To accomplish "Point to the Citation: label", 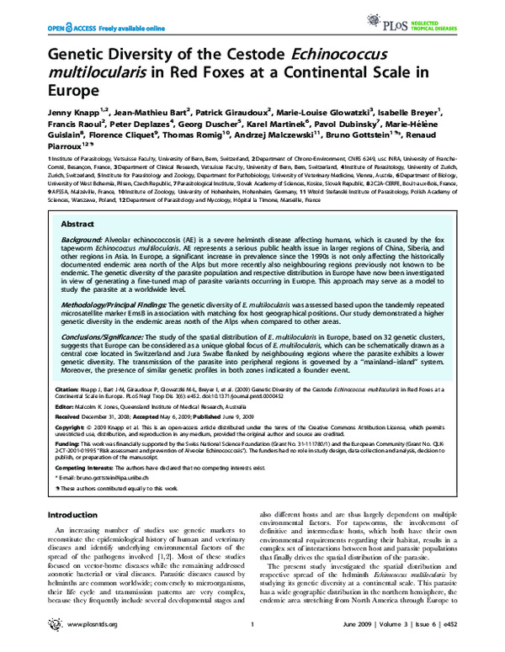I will (68, 390).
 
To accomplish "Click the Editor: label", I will (65, 405).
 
